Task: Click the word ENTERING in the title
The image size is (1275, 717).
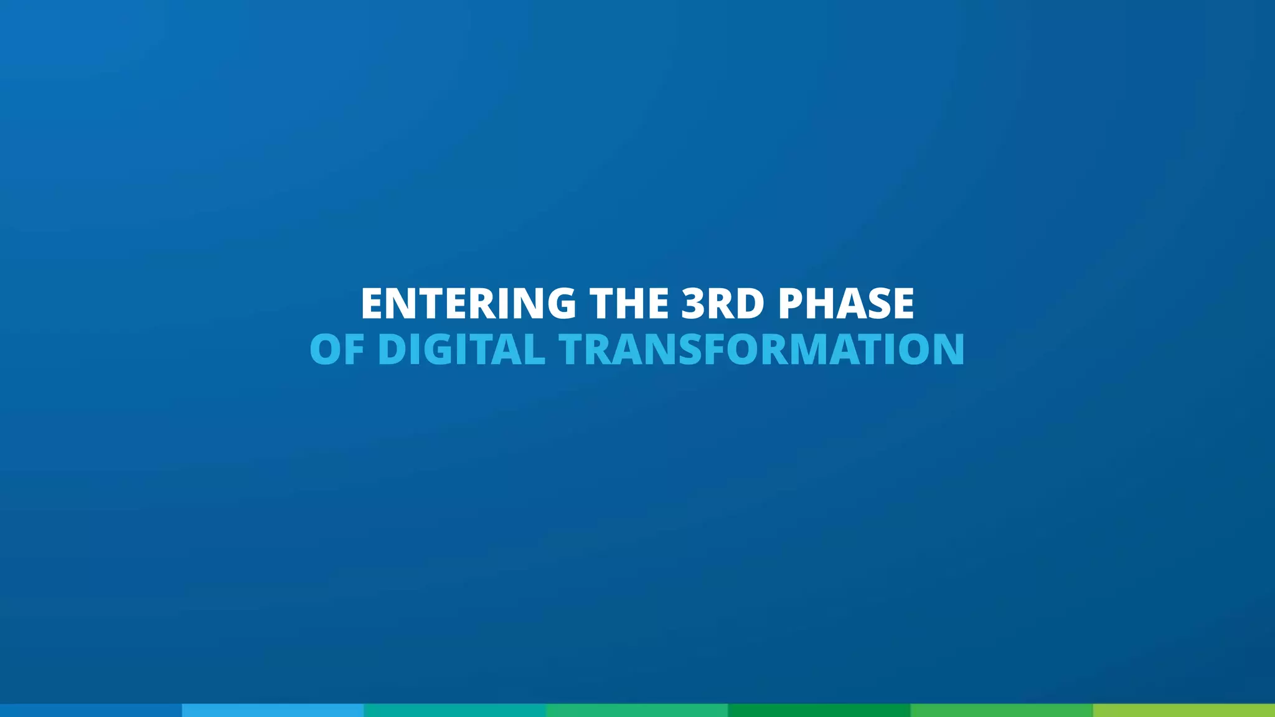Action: pos(468,304)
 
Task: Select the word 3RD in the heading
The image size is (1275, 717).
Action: pos(722,304)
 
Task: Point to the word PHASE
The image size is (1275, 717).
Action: pos(846,304)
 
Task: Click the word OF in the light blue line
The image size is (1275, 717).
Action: pos(337,350)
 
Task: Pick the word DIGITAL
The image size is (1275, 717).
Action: pos(461,350)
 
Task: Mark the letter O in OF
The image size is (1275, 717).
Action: pos(326,350)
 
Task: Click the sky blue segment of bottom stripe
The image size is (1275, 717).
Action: pos(273,710)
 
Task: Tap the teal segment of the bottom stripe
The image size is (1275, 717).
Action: pos(454,710)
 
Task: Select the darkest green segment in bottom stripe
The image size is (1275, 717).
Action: pos(819,710)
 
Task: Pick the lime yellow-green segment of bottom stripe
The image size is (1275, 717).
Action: pos(1183,710)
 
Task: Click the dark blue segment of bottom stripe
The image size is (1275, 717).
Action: pos(91,710)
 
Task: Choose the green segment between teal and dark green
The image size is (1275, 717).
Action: pos(637,710)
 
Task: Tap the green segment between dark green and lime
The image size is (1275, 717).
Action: pos(1001,710)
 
